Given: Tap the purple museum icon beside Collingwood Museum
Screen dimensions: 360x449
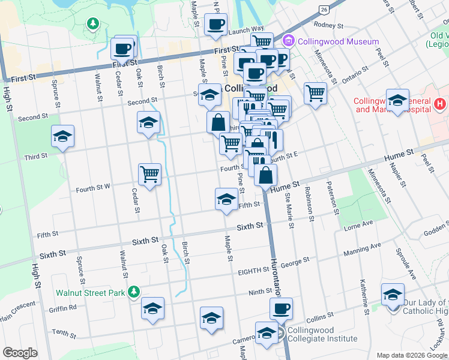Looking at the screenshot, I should point(288,41).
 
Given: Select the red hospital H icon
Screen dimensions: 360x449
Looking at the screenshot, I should point(440,104).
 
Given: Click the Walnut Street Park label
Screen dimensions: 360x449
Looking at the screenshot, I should point(90,293).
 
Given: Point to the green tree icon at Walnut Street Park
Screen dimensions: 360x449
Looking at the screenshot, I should point(134,292).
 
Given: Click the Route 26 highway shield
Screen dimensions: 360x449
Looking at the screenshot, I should point(324,10).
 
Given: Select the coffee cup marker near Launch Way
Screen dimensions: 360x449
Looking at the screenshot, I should point(215,25).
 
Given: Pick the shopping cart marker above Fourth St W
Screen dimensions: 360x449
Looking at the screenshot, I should point(149,175).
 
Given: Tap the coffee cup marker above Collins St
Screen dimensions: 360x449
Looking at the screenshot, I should point(280,309).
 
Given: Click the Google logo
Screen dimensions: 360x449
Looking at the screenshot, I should point(20,353).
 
